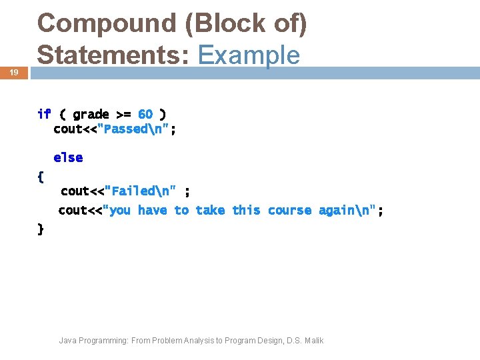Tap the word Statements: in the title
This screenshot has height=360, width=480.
pos(113,54)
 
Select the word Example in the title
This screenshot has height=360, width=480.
pos(249,54)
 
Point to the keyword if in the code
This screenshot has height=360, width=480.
pos(44,114)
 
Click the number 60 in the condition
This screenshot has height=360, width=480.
pos(145,114)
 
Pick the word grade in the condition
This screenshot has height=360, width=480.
pos(91,114)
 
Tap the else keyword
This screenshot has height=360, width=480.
pos(68,158)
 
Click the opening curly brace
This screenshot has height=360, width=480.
pos(41,177)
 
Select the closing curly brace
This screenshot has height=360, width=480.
pos(41,229)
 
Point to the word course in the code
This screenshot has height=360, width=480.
pos(289,211)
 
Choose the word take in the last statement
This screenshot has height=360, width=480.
pos(210,211)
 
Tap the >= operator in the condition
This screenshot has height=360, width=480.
pos(123,114)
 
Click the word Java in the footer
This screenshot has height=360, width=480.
pos(67,341)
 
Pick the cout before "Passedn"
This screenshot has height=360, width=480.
pos(68,129)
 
